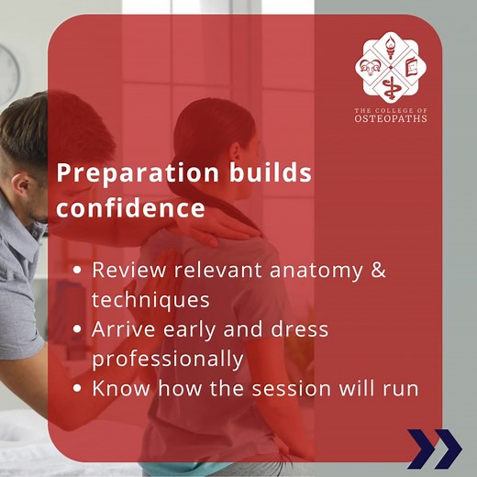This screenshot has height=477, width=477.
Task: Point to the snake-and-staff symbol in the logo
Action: [391, 88]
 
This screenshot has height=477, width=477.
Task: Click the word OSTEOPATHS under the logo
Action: [391, 119]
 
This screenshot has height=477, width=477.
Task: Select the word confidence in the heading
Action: [130, 208]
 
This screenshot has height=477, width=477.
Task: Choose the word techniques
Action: [151, 300]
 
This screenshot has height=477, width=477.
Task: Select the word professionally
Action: [167, 359]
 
